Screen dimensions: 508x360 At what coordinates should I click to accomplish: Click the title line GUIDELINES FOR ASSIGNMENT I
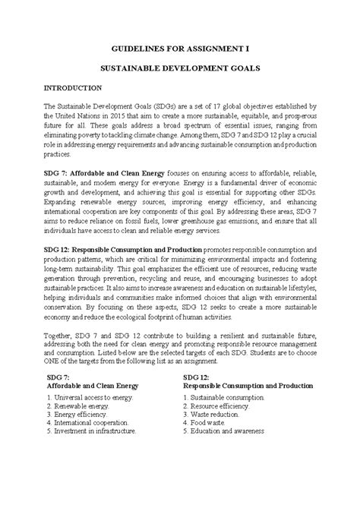[180, 47]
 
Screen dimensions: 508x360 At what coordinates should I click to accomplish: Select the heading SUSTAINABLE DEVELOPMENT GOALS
[180, 68]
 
